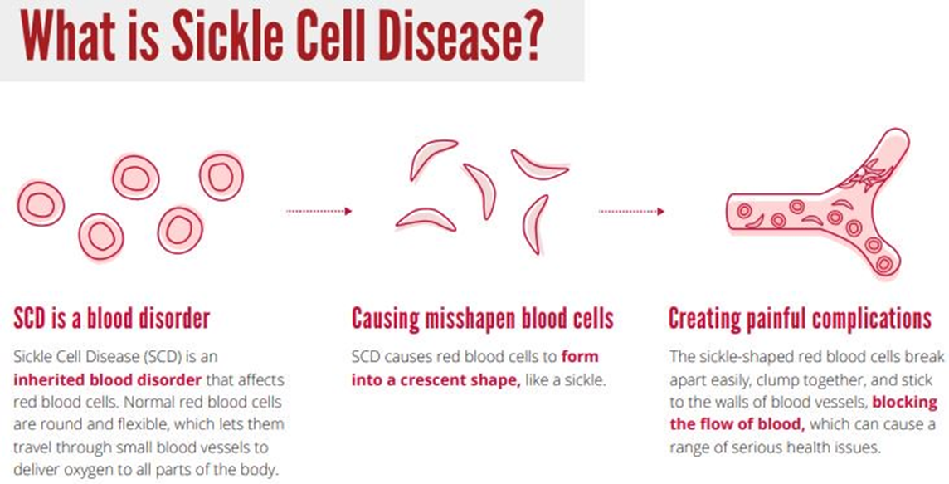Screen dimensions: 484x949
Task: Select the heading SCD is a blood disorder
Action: click(112, 319)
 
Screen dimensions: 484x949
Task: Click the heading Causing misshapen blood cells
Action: click(482, 319)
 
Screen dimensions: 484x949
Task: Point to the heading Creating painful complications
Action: click(800, 319)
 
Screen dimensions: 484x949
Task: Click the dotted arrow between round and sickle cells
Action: click(319, 211)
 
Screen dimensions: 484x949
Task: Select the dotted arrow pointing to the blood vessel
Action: click(631, 211)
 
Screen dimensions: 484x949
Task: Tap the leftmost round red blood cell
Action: click(40, 203)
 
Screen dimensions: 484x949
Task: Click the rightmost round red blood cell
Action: click(221, 176)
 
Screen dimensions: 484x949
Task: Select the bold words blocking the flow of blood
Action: click(803, 413)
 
